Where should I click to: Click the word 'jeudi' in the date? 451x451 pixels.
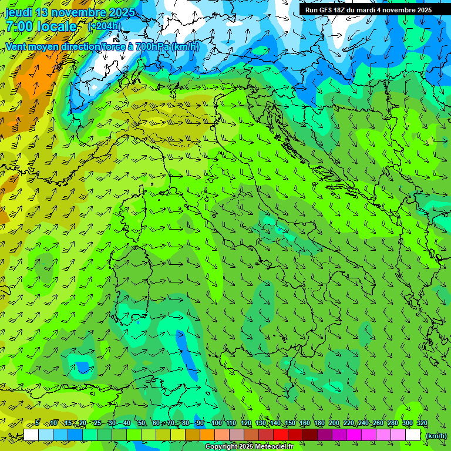coord(19,12)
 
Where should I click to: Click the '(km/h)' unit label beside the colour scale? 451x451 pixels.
coord(436,435)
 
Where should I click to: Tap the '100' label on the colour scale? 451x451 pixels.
coord(217,423)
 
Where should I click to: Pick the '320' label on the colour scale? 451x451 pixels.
coord(422,423)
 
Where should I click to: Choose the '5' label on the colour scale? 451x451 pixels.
coord(37,423)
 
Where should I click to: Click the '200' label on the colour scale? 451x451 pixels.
coord(334,423)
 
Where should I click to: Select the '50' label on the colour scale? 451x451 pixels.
coord(142,423)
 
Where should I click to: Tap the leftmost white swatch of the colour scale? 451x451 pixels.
coord(31,435)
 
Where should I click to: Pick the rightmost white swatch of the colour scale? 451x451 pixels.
coord(413,435)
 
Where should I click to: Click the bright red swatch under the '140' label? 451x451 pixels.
coord(281,435)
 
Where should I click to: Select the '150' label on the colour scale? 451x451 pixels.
coord(290,423)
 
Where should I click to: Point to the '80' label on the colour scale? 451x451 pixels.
coord(186,423)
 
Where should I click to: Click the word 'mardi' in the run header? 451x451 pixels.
coord(372,10)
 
